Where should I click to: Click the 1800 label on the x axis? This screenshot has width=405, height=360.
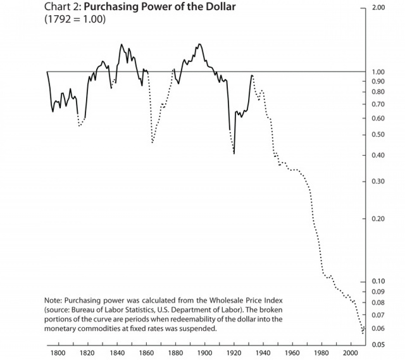pos(58,353)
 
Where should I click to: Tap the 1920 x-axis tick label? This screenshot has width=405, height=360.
pos(233,353)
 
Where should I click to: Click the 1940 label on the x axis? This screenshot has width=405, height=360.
pos(262,353)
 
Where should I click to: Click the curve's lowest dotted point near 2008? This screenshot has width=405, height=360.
pos(363,332)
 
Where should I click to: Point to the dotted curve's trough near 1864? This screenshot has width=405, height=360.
pos(153,143)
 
